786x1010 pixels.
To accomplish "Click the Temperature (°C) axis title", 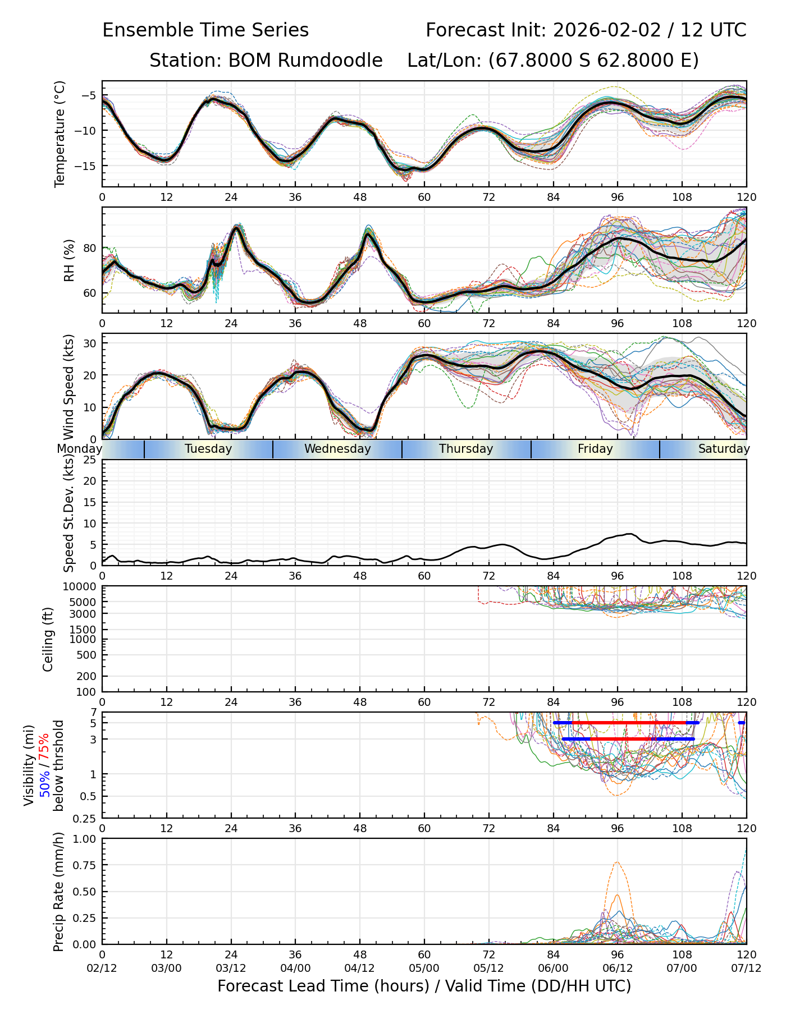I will (x=60, y=134).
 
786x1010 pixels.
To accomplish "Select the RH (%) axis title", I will (x=69, y=260).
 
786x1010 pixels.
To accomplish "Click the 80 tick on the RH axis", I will (x=90, y=248).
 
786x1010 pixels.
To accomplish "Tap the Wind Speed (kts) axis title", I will (x=69, y=387).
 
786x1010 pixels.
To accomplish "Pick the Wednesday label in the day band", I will (x=337, y=449).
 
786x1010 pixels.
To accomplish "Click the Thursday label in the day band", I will (x=466, y=449).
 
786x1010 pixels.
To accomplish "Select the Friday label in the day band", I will (x=595, y=449).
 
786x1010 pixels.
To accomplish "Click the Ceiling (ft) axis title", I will (x=48, y=639).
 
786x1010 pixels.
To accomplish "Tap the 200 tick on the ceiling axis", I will (x=87, y=676).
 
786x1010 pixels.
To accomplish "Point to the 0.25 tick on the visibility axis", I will (x=85, y=818).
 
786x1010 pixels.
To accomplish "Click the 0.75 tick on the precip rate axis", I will (x=85, y=865).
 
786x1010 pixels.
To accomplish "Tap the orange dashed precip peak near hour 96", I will (x=617, y=862).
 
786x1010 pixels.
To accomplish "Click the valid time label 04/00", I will (x=295, y=968).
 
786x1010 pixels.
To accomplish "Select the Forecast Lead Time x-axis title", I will (x=424, y=986).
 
